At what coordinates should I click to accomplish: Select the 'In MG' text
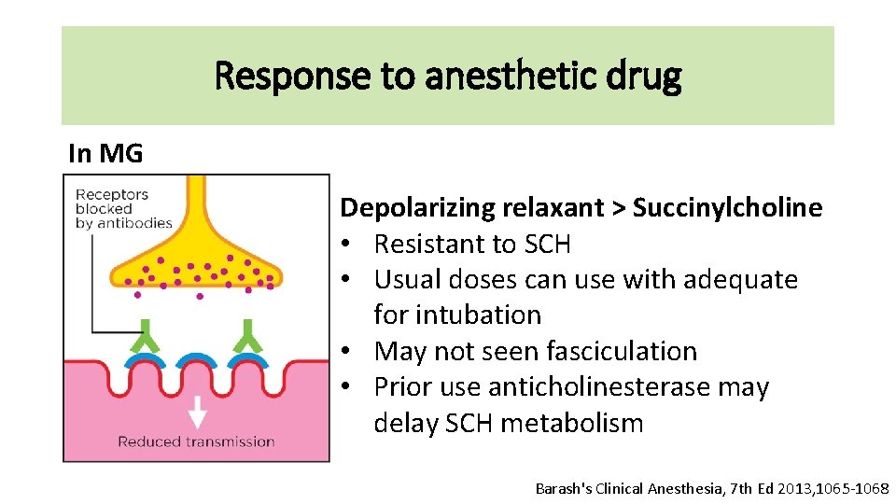tap(105, 154)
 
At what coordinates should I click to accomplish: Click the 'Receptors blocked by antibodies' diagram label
tap(124, 209)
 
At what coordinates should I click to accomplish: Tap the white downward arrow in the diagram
tap(197, 411)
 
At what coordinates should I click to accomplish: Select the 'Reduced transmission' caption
tap(196, 441)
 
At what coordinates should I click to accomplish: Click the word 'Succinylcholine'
tap(727, 208)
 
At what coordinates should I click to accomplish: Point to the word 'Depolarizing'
tap(419, 208)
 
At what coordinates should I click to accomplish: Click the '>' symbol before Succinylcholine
tap(618, 208)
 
